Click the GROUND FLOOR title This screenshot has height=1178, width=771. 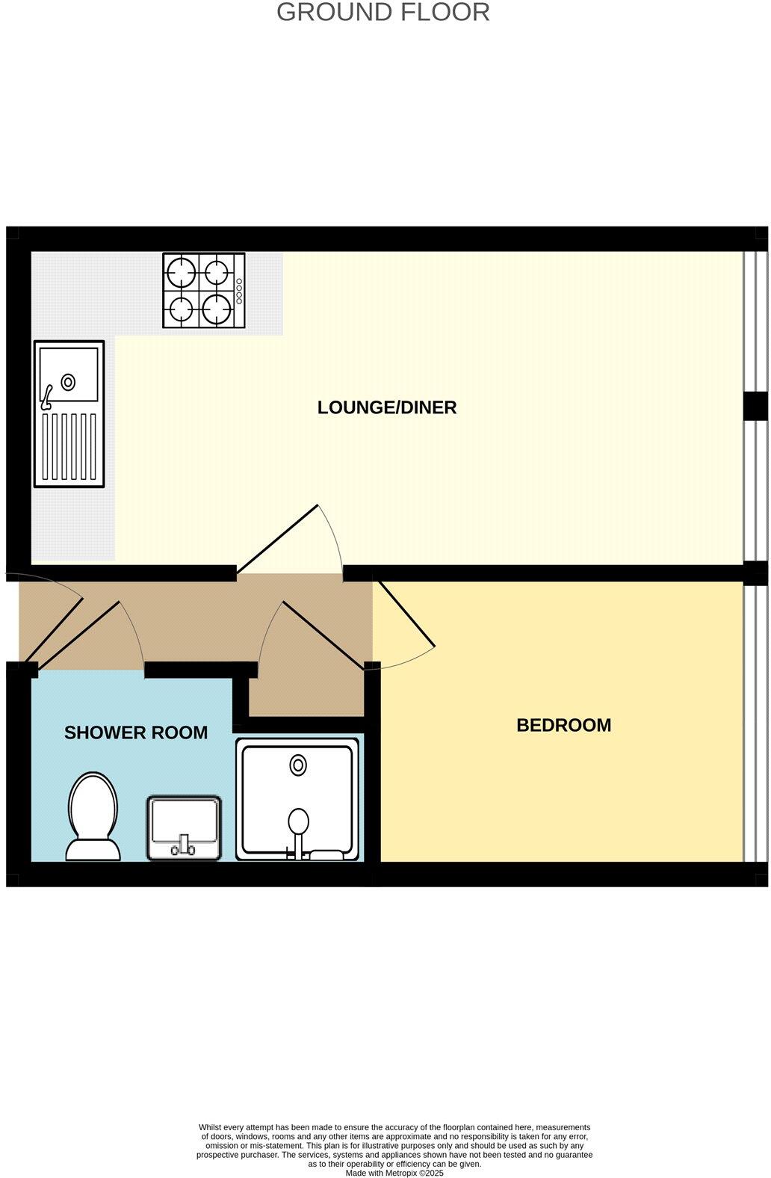pyautogui.click(x=383, y=13)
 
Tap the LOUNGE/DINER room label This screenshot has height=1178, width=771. pyautogui.click(x=386, y=407)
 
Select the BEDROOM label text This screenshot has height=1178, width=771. pyautogui.click(x=563, y=725)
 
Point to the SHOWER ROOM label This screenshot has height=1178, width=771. pyautogui.click(x=136, y=733)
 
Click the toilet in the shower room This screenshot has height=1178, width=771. pyautogui.click(x=93, y=816)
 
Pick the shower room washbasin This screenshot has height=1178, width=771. pyautogui.click(x=184, y=827)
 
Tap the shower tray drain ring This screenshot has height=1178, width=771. pyautogui.click(x=298, y=765)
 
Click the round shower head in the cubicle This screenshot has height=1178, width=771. pyautogui.click(x=298, y=820)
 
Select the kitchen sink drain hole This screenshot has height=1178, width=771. pyautogui.click(x=68, y=382)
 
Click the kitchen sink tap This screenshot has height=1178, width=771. pyautogui.click(x=47, y=397)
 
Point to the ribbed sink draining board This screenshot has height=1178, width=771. pyautogui.click(x=69, y=447)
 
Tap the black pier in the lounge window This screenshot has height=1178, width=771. pyautogui.click(x=755, y=406)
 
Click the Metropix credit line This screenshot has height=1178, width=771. pyautogui.click(x=394, y=1173)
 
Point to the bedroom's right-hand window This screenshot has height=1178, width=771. pyautogui.click(x=755, y=721)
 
